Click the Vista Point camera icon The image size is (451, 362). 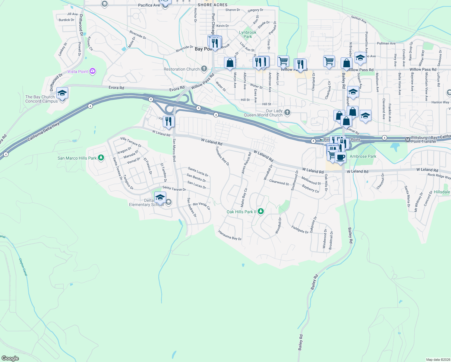coord(93,71)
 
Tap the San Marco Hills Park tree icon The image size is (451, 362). coord(101,158)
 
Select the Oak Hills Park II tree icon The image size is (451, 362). coord(261,211)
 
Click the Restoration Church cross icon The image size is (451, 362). coord(204,69)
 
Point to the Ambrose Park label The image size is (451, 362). coord(363,156)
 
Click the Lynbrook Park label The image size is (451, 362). coord(248,34)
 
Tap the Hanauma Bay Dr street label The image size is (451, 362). coord(230,235)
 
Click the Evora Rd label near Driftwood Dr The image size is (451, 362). coord(116,88)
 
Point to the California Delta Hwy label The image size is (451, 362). coord(43,132)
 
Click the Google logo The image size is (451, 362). coord(10,358)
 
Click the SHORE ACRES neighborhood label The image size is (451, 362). coord(213,5)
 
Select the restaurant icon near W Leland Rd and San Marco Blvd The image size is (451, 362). coord(169,121)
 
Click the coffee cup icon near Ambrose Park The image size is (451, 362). coord(340,157)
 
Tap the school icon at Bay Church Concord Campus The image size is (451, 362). coord(62,93)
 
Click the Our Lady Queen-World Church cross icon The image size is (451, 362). coord(287,113)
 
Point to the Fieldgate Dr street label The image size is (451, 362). coord(300,230)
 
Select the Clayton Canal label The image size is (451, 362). coord(23,267)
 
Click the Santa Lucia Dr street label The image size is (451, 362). coord(198,172)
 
